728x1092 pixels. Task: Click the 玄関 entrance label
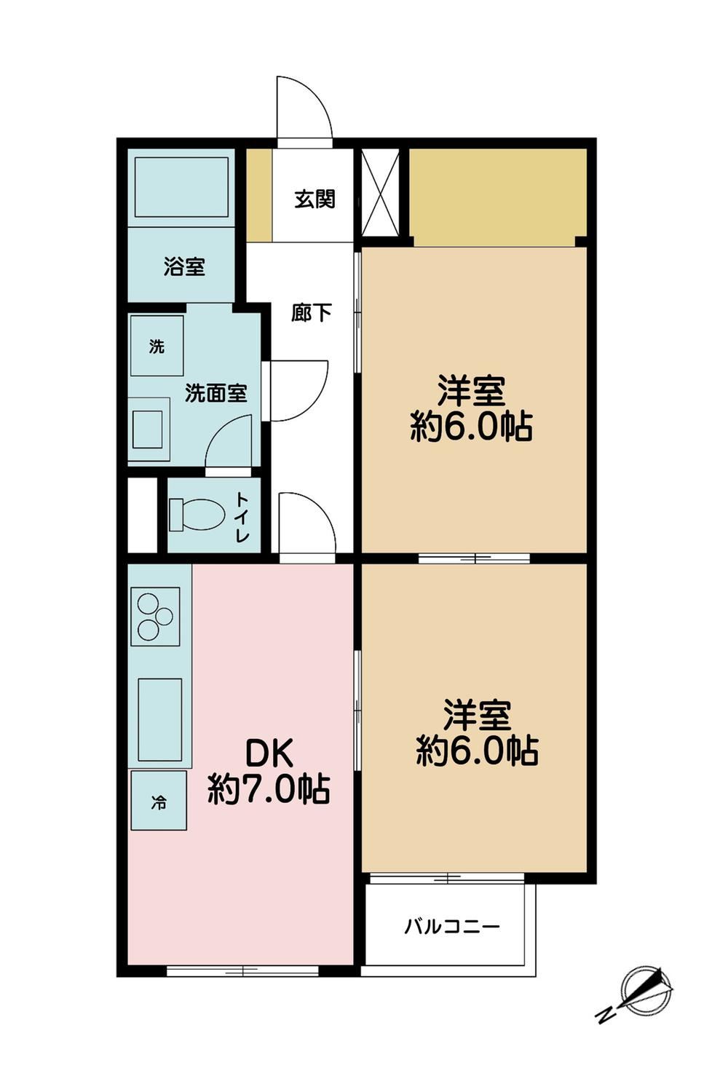click(314, 199)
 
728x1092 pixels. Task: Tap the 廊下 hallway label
click(312, 312)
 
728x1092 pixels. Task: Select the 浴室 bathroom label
click(184, 266)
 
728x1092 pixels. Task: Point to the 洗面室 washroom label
click(216, 393)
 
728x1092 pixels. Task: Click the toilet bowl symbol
click(197, 514)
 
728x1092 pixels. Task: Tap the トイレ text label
click(243, 517)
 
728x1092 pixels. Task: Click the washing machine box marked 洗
click(157, 346)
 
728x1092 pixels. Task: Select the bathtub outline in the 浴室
click(181, 186)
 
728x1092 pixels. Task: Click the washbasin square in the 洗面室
click(147, 429)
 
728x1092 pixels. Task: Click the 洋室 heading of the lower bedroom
click(476, 715)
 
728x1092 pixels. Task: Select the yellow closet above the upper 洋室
click(497, 197)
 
